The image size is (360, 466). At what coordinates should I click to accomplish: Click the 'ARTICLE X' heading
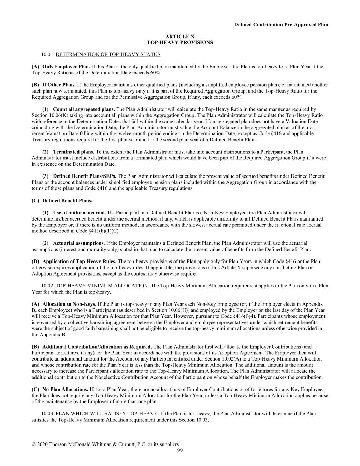(180, 37)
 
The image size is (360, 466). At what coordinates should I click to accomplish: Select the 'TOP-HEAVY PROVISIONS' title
(180, 43)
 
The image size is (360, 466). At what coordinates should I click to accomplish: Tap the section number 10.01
(47, 54)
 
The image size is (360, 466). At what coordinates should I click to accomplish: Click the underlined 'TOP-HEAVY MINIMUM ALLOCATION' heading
(102, 286)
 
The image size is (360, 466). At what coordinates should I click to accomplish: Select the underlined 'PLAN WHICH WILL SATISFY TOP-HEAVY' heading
(106, 414)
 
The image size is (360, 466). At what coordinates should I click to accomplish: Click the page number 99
(180, 451)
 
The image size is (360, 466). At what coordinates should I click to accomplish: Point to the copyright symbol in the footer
(34, 444)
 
